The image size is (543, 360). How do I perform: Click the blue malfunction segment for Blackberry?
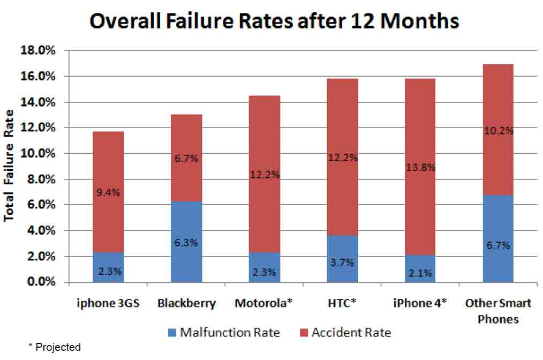(x=186, y=225)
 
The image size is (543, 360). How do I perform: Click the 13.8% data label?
(x=420, y=168)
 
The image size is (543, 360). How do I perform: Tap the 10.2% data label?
(x=499, y=131)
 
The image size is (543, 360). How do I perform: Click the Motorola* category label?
(x=264, y=304)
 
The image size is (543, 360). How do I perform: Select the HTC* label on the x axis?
(x=342, y=304)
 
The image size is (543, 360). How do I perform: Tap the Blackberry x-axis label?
(x=187, y=304)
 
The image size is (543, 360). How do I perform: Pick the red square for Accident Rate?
(x=303, y=333)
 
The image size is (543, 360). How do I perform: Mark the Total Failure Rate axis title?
(x=9, y=167)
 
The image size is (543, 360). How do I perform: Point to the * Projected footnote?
(x=54, y=347)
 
